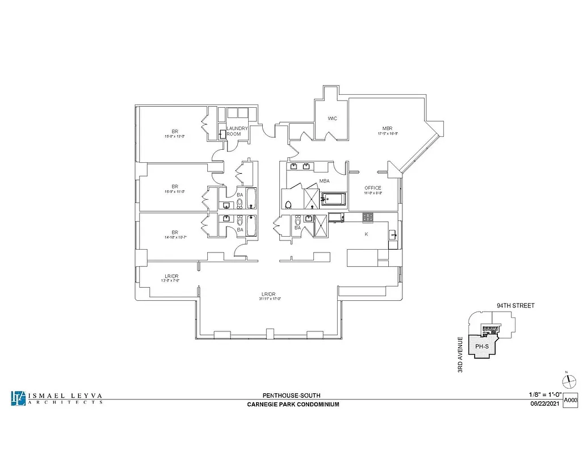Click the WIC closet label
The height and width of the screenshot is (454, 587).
point(333,119)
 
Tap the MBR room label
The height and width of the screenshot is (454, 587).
point(387,128)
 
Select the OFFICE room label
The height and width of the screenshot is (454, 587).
point(373,188)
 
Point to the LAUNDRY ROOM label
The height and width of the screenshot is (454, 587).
point(237,131)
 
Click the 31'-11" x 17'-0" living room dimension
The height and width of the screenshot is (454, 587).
point(270,299)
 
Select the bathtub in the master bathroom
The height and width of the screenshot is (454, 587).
point(334,198)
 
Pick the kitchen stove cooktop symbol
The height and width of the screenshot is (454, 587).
point(367,217)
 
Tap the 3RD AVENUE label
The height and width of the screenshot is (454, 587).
point(460,355)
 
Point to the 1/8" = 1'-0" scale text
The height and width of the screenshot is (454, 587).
point(544,393)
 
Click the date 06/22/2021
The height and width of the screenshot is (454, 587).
point(544,404)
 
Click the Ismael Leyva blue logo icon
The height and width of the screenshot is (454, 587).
point(17,398)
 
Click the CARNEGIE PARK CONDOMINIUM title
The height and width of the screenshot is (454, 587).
point(293,405)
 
